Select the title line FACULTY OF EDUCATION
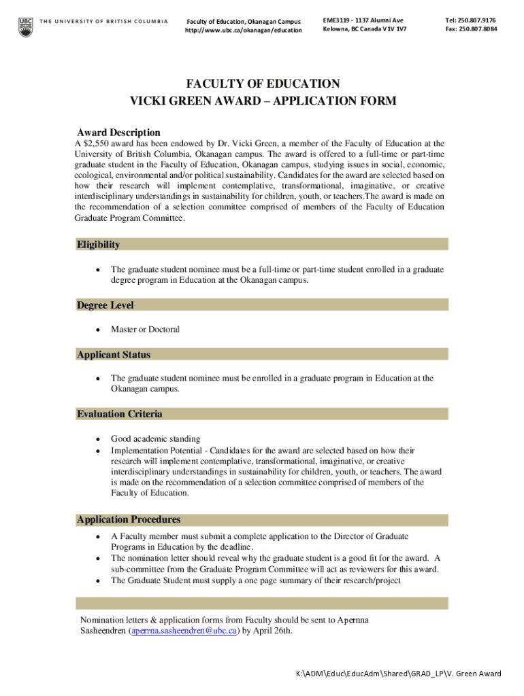[x=263, y=84]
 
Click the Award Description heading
[x=118, y=133]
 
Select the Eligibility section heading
[x=99, y=245]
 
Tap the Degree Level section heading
[x=105, y=305]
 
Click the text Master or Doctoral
[x=145, y=330]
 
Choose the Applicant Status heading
[x=114, y=355]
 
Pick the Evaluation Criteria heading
[x=120, y=414]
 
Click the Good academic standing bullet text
[x=155, y=439]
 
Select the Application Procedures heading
[x=129, y=520]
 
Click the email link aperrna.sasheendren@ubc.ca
[x=184, y=631]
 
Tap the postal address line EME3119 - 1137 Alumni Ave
[x=363, y=20]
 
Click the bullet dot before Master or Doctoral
[x=98, y=330]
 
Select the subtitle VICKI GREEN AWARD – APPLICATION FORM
[x=263, y=102]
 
